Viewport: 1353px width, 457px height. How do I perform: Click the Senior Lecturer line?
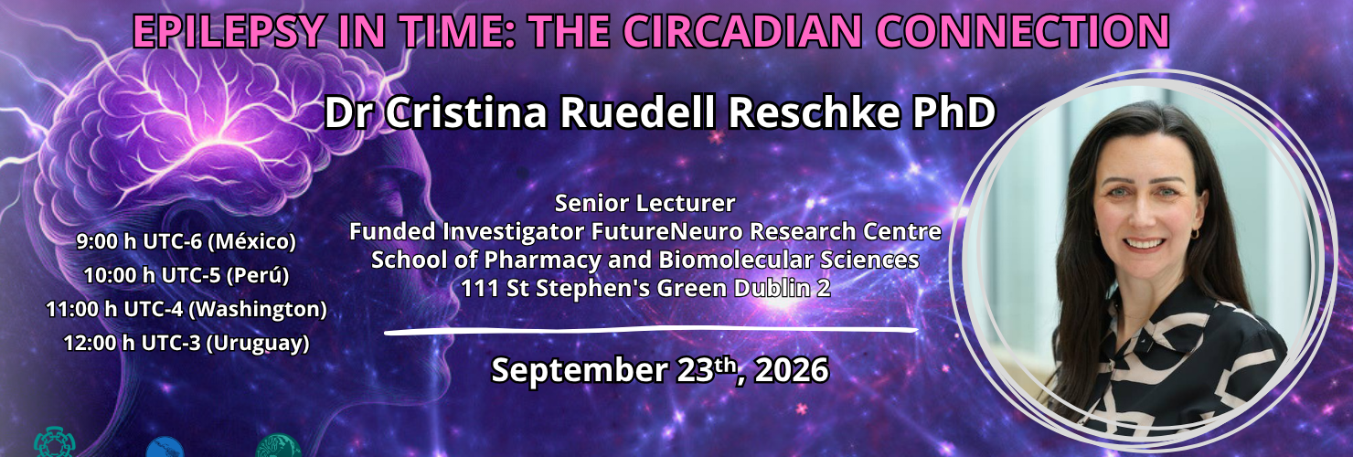coord(645,204)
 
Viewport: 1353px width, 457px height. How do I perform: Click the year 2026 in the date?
coord(792,369)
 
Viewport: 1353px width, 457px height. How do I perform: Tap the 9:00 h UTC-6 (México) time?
coord(186,242)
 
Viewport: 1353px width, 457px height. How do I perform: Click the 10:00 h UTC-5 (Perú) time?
coord(186,276)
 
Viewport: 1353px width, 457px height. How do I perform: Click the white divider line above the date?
coord(651,330)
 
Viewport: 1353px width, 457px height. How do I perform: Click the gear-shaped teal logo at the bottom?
coord(54,443)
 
